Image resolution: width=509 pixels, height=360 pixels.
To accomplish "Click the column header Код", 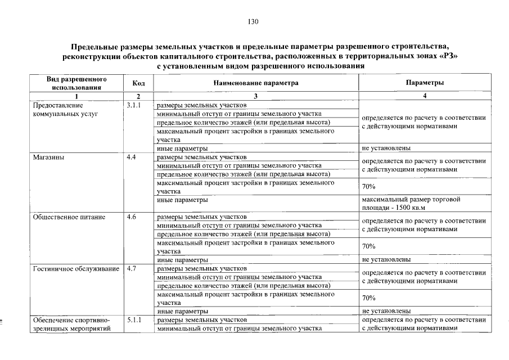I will click(x=138, y=83).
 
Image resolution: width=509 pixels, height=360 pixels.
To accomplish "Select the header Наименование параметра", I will click(x=255, y=83).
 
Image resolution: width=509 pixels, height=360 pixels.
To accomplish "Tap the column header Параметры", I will click(x=425, y=83).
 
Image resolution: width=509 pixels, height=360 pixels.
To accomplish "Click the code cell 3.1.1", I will click(x=135, y=105).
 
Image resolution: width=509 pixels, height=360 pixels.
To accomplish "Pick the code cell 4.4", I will click(x=132, y=157).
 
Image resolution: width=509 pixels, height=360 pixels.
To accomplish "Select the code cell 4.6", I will click(x=132, y=217).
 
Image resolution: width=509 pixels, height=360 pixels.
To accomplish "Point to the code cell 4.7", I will click(x=132, y=268).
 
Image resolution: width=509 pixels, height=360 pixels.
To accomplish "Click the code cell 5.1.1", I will click(x=135, y=319).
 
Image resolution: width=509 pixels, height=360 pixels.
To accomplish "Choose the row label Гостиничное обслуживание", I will click(x=76, y=268).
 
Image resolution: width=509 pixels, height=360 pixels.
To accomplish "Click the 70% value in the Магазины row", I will click(x=369, y=187).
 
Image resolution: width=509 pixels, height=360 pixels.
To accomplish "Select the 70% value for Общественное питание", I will click(x=369, y=246).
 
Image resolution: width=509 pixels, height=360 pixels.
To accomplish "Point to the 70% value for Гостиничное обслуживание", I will click(x=369, y=298).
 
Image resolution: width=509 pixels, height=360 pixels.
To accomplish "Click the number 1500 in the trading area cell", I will click(x=407, y=208).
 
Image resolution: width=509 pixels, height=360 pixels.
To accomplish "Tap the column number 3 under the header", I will click(x=255, y=96).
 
